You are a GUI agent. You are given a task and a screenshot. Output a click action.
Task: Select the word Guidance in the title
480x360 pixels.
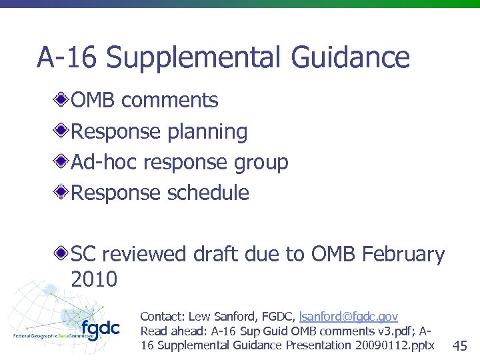[350, 57]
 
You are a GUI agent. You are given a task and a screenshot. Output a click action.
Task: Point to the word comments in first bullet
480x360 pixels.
[170, 101]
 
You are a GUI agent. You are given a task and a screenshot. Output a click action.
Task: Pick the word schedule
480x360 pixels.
[208, 193]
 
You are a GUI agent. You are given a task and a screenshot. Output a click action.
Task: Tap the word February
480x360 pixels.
[404, 254]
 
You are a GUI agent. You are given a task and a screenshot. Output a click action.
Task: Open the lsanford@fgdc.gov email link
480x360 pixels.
[349, 316]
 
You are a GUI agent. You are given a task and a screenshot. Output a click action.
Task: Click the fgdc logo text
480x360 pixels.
[101, 329]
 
